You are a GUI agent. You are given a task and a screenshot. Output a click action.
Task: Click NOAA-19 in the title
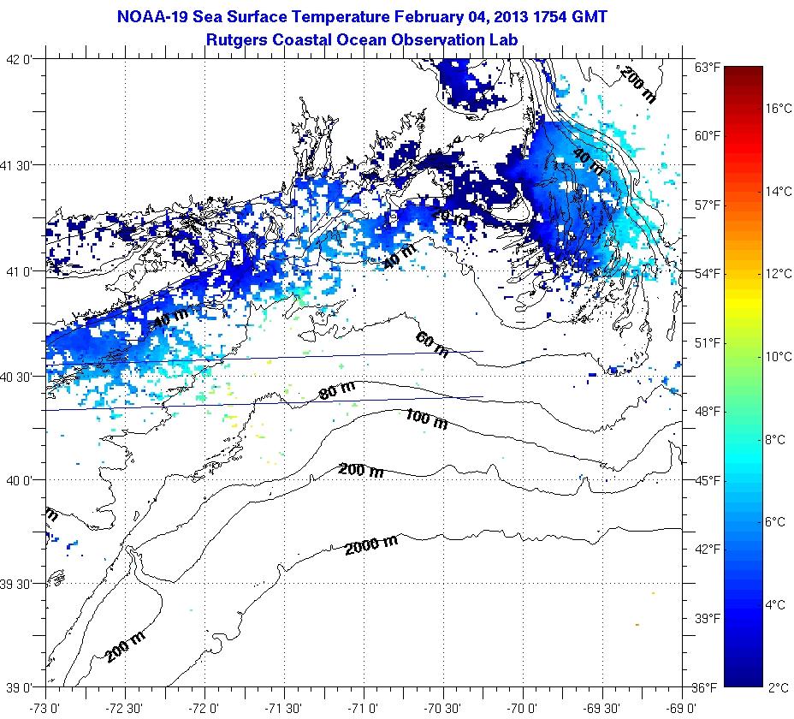(x=148, y=15)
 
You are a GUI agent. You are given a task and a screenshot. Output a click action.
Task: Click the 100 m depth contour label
(x=425, y=418)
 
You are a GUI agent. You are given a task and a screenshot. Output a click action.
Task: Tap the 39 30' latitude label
(x=23, y=584)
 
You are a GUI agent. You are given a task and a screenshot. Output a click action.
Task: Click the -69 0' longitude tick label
(x=682, y=708)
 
